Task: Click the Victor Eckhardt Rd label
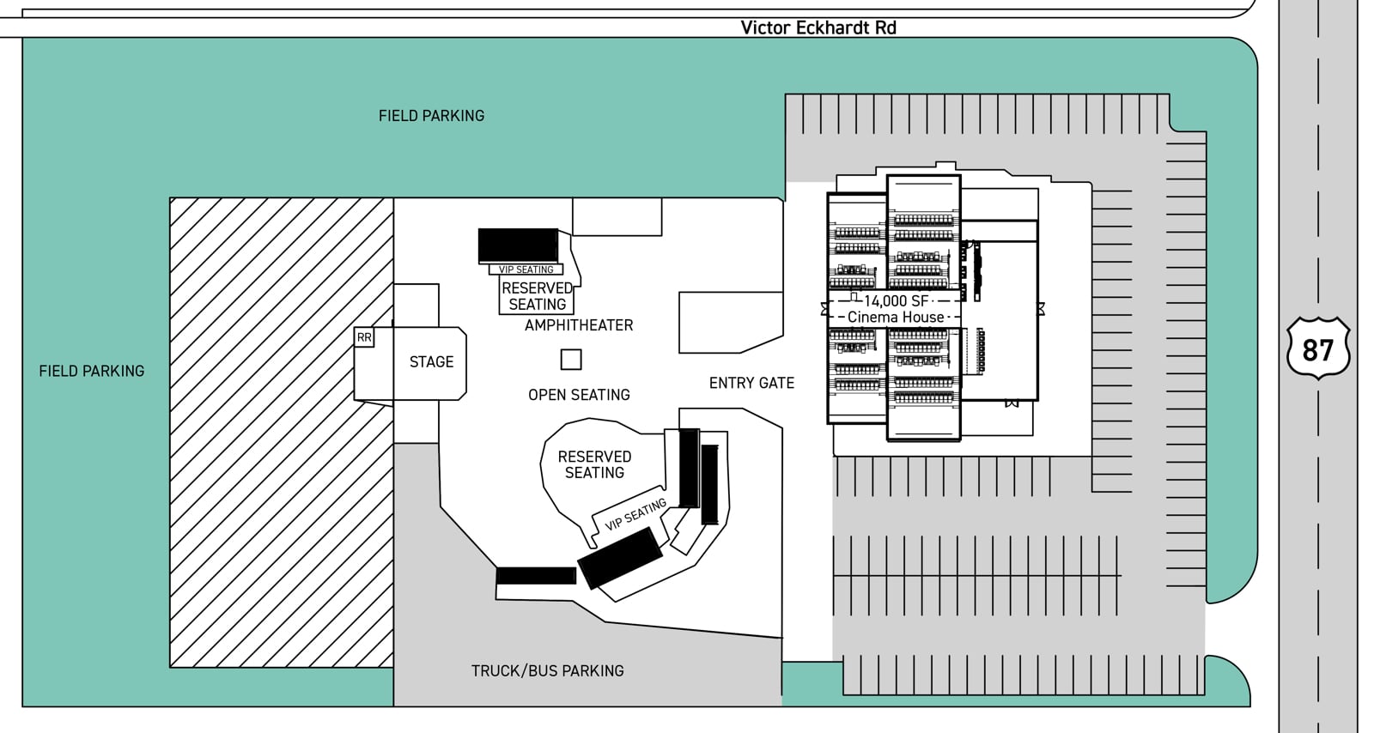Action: tap(818, 27)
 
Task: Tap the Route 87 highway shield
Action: tap(1317, 349)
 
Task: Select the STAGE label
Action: tap(431, 362)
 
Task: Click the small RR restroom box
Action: tap(364, 337)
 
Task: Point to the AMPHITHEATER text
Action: tap(579, 325)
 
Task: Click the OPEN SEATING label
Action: tap(579, 395)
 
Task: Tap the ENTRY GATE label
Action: tap(751, 383)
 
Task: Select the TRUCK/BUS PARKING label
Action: tap(547, 671)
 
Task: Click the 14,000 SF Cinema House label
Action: tap(895, 309)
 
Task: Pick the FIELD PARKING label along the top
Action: tap(431, 116)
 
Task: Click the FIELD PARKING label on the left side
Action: tap(92, 371)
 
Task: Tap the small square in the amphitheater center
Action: tap(571, 360)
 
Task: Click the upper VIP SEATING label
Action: tap(526, 270)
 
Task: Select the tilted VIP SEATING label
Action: tap(635, 515)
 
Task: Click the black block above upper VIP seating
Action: tap(518, 245)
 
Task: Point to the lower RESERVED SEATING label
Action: tap(594, 464)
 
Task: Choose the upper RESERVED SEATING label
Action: tap(538, 296)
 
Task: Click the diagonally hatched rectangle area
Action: tap(281, 432)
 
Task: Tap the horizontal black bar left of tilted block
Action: tap(536, 576)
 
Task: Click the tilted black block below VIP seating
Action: tap(619, 558)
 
